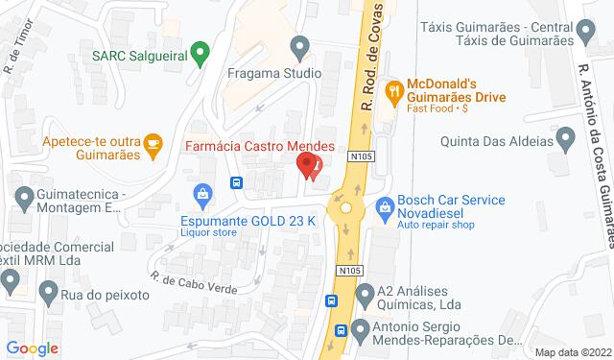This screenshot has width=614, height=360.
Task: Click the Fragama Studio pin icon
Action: point(300,46)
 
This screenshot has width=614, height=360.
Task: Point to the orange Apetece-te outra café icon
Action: point(153,144)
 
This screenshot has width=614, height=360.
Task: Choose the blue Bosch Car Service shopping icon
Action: point(385,205)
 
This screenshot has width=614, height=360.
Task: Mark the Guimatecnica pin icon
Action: point(26,200)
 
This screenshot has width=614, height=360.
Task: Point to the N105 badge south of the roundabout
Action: point(347,273)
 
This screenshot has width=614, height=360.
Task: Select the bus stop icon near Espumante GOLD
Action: point(235,182)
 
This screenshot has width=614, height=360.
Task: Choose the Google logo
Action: point(32,348)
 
